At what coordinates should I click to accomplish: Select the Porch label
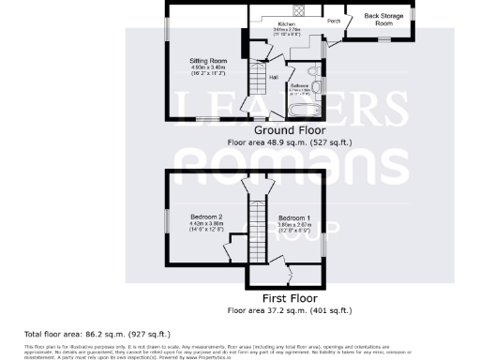(x=333, y=20)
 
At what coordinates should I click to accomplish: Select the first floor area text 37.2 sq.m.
(x=289, y=310)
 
